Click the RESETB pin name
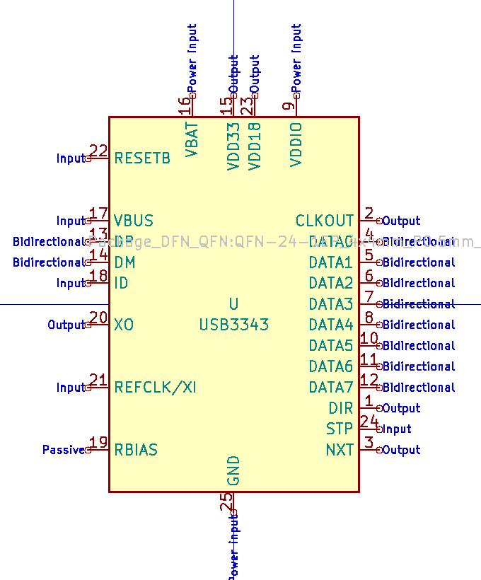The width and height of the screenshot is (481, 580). tap(142, 158)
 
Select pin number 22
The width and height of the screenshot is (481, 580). tap(98, 151)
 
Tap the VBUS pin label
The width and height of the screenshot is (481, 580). tap(134, 221)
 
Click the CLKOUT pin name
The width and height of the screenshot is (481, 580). tap(325, 221)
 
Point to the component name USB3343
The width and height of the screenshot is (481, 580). tap(234, 325)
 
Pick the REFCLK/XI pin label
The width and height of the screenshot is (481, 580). tap(156, 387)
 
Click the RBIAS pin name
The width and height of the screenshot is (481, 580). tap(136, 450)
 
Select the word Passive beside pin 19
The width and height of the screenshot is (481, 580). tap(63, 450)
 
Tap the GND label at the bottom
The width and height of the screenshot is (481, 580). tap(234, 470)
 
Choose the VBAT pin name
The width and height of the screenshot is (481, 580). tap(192, 139)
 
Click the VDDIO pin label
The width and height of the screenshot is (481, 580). tap(296, 144)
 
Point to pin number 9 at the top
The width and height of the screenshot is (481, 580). tap(288, 107)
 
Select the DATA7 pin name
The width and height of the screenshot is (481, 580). tap(330, 387)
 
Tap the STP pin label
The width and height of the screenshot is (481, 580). tap(340, 429)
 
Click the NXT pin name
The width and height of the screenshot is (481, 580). tap(340, 450)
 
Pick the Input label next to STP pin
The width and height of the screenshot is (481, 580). tap(397, 429)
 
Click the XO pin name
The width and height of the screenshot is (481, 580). tap(124, 325)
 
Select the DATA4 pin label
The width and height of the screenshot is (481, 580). tap(330, 325)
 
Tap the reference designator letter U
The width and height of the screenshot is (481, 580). tap(233, 304)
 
